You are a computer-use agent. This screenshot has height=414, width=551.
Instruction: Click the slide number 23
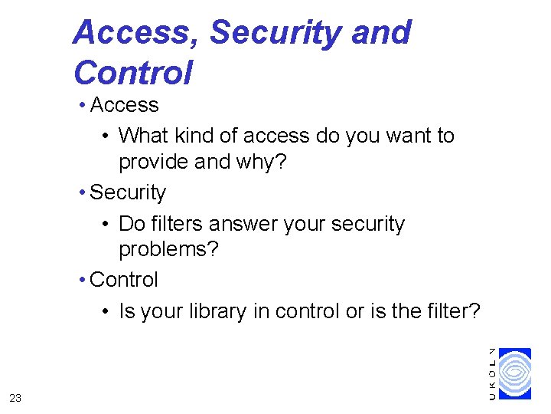15,397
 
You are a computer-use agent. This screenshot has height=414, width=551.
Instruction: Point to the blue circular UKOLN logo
514,373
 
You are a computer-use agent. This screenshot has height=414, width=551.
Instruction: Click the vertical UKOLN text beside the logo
492,373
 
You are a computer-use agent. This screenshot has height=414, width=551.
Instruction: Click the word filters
176,224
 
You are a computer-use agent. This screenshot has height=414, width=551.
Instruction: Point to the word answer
246,224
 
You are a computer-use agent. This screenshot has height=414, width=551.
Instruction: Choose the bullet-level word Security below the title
128,192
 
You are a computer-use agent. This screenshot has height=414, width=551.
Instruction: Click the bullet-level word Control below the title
124,280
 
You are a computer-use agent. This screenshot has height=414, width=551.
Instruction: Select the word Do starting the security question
132,224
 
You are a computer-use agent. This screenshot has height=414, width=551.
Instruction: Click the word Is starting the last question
126,311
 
